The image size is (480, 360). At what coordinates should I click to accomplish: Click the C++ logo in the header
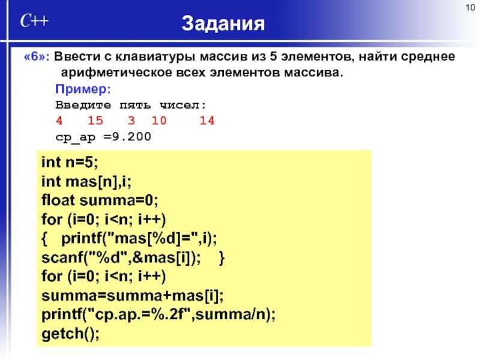pos(34,21)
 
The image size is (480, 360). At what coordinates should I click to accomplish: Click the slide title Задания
pos(223,24)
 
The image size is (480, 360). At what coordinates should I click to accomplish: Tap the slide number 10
pos(470,7)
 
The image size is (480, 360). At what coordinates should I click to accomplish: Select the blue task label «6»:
pos(37,56)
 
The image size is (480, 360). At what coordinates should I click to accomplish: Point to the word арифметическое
pos(116,73)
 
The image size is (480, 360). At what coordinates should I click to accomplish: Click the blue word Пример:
pos(83,89)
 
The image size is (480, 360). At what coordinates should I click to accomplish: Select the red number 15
pos(95,121)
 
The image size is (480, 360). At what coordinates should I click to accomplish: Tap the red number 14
pos(207,121)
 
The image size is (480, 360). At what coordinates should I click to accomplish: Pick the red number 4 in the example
pos(59,121)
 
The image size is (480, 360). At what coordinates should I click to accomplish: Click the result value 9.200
pos(131,137)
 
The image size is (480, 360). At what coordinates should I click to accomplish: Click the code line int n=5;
pos(70,162)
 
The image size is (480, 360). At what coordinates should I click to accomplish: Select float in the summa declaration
pos(58,200)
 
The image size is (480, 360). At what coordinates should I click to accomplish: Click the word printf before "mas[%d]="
pos(82,238)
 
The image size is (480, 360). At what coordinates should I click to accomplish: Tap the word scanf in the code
pos(62,257)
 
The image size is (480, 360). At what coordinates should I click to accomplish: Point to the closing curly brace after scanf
pos(222,258)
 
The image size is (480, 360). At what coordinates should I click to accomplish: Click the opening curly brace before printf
pos(44,239)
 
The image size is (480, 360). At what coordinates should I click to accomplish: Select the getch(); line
pos(71,334)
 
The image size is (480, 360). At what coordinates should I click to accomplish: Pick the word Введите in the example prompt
pos(83,105)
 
